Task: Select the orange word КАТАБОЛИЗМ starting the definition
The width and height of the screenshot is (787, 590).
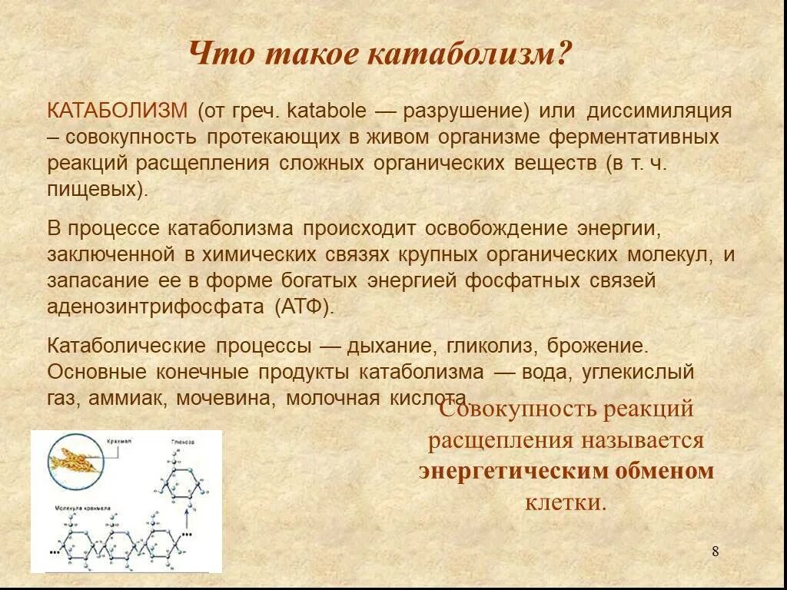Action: pos(117,111)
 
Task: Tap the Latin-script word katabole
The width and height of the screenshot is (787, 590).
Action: pos(326,111)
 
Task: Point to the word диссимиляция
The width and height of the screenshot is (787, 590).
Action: pos(659,111)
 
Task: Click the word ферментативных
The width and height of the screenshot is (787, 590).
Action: pos(633,138)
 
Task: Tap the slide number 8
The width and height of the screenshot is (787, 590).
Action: pos(715,551)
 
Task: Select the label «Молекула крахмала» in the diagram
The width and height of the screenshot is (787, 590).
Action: pos(83,509)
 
